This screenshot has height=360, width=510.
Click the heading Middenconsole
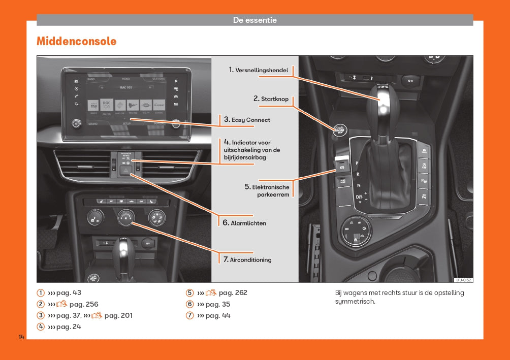click(76, 42)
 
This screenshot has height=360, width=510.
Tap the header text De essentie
click(254, 20)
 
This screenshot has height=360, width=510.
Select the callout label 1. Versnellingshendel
click(258, 70)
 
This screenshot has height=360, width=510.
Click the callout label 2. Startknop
click(271, 99)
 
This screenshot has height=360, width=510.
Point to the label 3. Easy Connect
click(247, 120)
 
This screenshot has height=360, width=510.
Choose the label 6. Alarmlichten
click(244, 223)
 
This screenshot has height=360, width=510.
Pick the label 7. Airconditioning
click(247, 259)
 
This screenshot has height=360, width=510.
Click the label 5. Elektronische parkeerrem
click(267, 191)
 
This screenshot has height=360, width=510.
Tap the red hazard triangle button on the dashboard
click(125, 171)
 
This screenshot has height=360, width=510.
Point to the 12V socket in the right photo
click(410, 80)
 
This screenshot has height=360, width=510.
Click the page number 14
click(21, 338)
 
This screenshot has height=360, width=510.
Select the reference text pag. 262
click(233, 292)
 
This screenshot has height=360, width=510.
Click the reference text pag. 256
click(84, 304)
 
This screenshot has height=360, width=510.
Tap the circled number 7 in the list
click(190, 315)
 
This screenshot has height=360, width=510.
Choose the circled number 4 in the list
click(41, 327)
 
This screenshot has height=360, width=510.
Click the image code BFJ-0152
click(463, 280)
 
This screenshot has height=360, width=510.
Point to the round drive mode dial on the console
click(356, 231)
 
